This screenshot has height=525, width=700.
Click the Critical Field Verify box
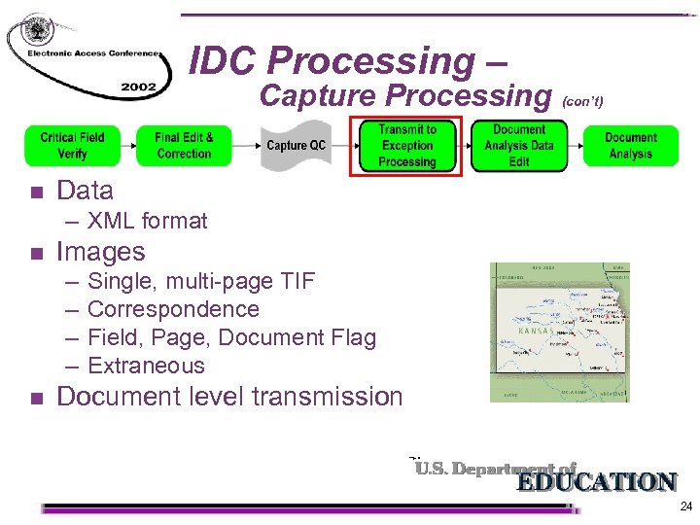(x=72, y=146)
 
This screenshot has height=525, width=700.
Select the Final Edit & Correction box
(x=184, y=146)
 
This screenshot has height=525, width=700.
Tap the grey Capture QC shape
(x=296, y=146)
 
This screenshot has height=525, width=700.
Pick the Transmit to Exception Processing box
(x=407, y=146)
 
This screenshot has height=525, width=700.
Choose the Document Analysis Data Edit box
(x=519, y=146)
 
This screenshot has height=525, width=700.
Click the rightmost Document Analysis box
(x=631, y=146)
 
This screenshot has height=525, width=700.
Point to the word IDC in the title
(x=224, y=61)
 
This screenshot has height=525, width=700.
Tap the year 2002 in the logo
(x=138, y=87)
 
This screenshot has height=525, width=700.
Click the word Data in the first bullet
(x=86, y=191)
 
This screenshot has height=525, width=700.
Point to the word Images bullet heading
(x=101, y=252)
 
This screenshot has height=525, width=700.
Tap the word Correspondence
(x=173, y=309)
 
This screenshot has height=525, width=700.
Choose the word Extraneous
(x=146, y=366)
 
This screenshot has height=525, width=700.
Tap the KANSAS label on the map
(x=537, y=332)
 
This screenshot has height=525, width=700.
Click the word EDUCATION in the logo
(x=595, y=482)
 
